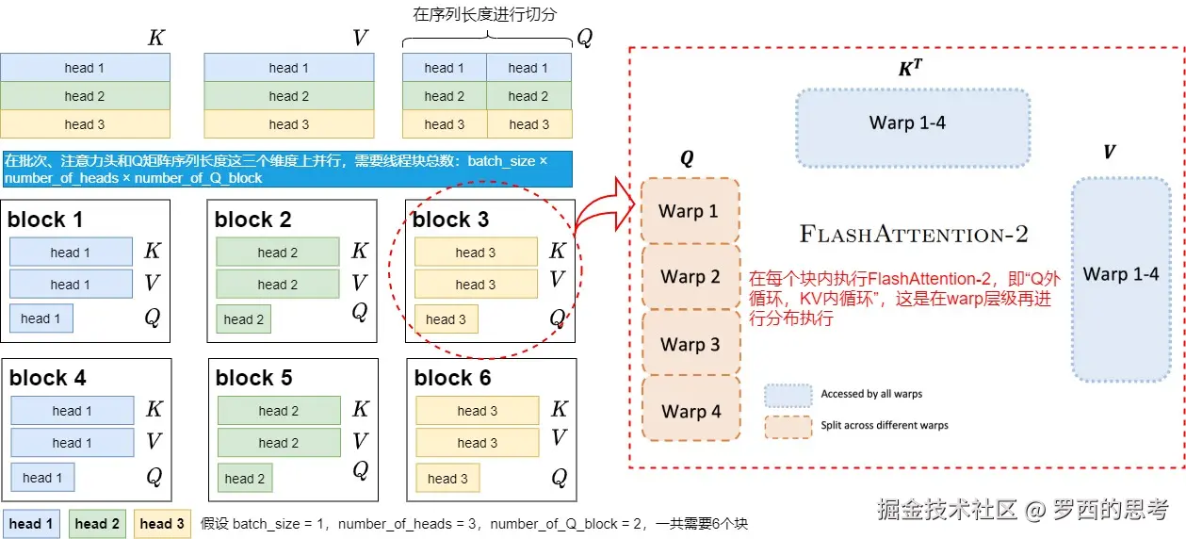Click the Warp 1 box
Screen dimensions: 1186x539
coord(690,211)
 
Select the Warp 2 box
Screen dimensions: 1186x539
coord(690,276)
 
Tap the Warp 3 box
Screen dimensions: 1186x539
coord(690,344)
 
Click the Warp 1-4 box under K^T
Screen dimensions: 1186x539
coord(913,127)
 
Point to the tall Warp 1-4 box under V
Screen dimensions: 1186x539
coord(1121,279)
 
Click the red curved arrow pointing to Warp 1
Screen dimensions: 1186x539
coord(604,210)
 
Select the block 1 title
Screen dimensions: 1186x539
coord(45,220)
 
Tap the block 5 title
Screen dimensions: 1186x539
coord(253,378)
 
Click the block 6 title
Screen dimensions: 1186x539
coord(452,378)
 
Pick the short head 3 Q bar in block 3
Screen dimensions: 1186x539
coord(446,319)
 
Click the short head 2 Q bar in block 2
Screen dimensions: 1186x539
coord(244,319)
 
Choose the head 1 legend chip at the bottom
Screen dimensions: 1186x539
coord(31,524)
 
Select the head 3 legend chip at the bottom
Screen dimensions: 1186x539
coord(162,524)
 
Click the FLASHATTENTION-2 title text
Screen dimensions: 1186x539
coord(914,234)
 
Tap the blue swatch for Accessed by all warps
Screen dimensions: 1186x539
coord(788,395)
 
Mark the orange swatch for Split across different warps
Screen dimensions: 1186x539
coord(788,427)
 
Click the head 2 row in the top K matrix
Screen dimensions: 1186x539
coord(85,96)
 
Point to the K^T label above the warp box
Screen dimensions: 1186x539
coord(910,68)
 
